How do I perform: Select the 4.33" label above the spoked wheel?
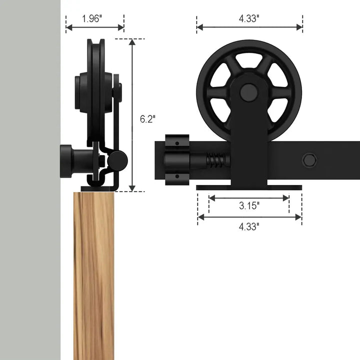pyautogui.click(x=248, y=18)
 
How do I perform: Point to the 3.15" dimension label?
pyautogui.click(x=248, y=205)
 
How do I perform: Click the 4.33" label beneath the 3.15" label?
pyautogui.click(x=248, y=226)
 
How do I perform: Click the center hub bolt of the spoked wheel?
pyautogui.click(x=248, y=92)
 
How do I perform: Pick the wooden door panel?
pyautogui.click(x=93, y=275)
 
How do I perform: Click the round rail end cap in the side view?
pyautogui.click(x=118, y=160)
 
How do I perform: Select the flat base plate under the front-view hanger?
pyautogui.click(x=248, y=187)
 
